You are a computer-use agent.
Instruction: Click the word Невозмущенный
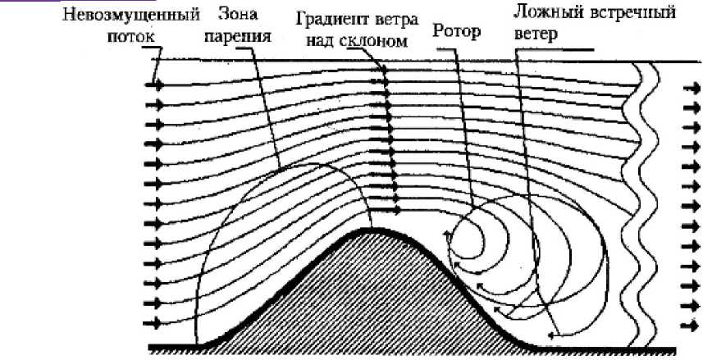[x=132, y=15]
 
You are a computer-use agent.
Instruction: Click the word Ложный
[x=545, y=14]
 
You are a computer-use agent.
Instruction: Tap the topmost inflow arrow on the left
[x=153, y=84]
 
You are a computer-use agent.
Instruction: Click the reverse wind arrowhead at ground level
[x=555, y=335]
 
